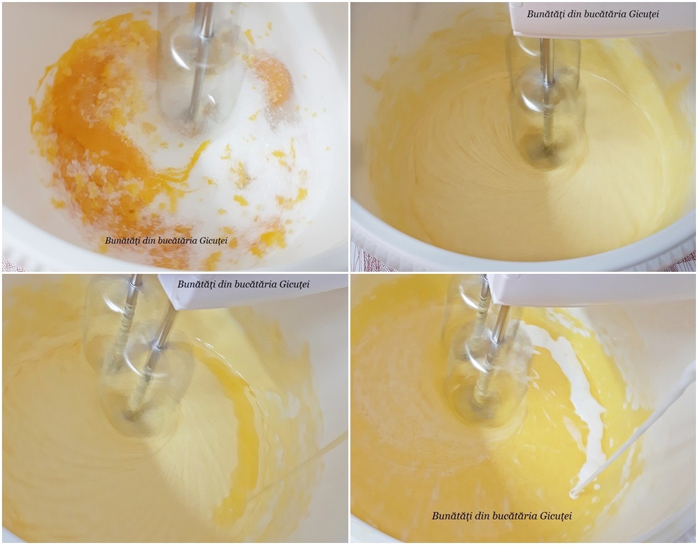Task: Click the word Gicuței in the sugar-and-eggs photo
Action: (x=212, y=241)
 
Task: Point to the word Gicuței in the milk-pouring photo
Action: (x=556, y=516)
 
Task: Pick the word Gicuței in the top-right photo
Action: (x=643, y=14)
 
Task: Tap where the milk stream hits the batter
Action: (x=573, y=493)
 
